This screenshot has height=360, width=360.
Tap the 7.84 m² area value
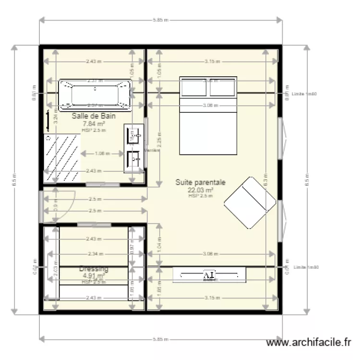pos(94,123)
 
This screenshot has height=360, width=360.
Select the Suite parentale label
pos(200,182)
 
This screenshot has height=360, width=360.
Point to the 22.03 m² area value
pos(201,190)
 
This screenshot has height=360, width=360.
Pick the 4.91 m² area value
pos(94,276)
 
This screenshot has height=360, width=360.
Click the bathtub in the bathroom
pos(95,93)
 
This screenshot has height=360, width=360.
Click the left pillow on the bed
pos(194,87)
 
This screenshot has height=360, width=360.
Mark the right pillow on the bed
pos(223,87)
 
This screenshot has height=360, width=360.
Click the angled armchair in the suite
pos(250,203)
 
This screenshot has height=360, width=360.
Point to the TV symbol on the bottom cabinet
pos(209,275)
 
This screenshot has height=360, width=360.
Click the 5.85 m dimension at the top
pos(161,20)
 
